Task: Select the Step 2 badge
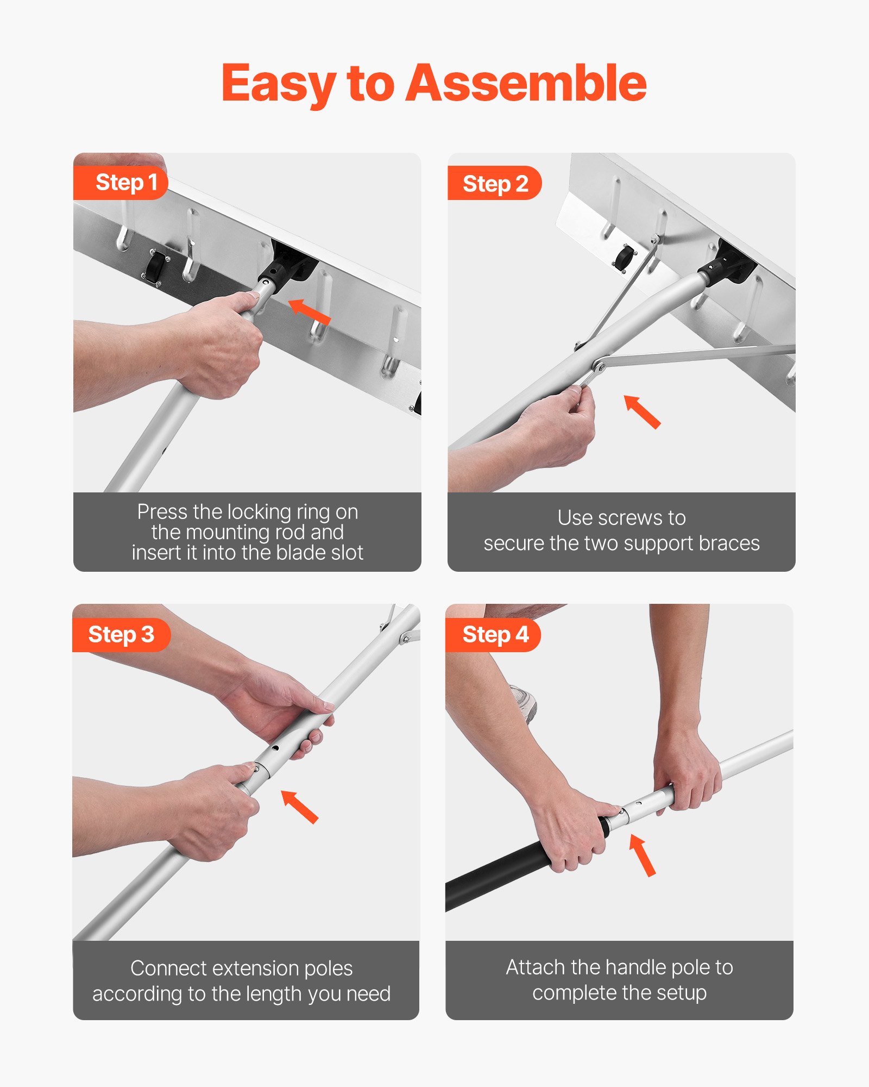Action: coord(495,184)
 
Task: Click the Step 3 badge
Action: coord(121,634)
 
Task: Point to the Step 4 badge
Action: coord(495,634)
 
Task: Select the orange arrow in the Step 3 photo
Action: coord(299,807)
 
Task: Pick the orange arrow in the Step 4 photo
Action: coord(642,855)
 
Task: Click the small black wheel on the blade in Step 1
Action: coord(155,266)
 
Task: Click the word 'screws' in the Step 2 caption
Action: coord(630,518)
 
